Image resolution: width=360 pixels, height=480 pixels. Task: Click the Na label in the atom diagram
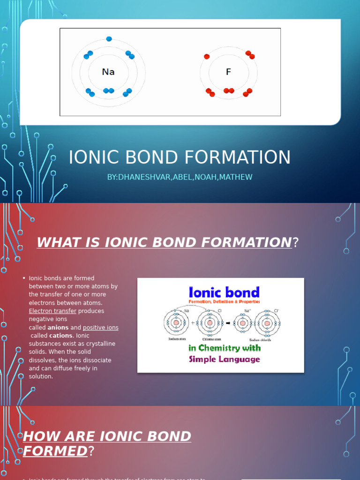108,72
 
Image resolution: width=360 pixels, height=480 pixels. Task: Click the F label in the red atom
228,72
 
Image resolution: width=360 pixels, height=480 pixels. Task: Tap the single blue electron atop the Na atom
109,39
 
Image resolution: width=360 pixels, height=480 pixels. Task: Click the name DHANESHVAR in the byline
140,177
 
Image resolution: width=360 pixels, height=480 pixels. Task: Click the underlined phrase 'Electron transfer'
52,311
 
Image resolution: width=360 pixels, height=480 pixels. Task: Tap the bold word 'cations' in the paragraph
60,336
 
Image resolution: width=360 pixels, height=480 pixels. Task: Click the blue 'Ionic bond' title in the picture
224,292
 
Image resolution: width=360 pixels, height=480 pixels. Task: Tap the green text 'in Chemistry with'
224,348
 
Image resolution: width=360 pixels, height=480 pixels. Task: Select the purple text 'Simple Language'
224,360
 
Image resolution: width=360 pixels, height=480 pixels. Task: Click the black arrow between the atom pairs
227,322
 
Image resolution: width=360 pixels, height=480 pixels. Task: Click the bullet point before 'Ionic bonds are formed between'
23,278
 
